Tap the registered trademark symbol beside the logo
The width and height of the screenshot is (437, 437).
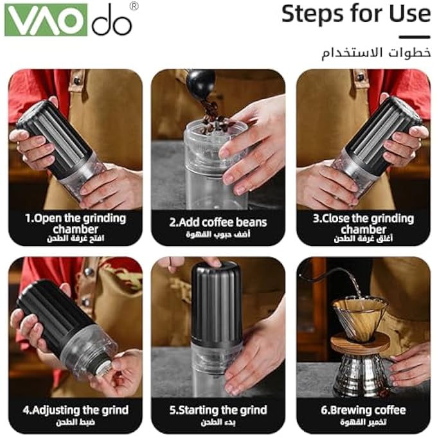point(134,6)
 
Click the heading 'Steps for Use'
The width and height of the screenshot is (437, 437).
point(355,14)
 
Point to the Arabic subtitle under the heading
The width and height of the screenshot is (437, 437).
point(375,53)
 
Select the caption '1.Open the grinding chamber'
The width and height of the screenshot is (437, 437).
point(75,223)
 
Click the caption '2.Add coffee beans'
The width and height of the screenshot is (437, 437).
point(218,222)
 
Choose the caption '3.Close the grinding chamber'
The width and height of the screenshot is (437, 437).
point(363,223)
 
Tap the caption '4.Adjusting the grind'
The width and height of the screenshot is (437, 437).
point(75,409)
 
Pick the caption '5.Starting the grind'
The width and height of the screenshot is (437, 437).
point(218,409)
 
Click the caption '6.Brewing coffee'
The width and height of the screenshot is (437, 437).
point(363,409)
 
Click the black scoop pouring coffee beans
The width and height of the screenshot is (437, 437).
point(201,82)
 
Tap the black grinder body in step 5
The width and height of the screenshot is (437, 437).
point(217,302)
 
